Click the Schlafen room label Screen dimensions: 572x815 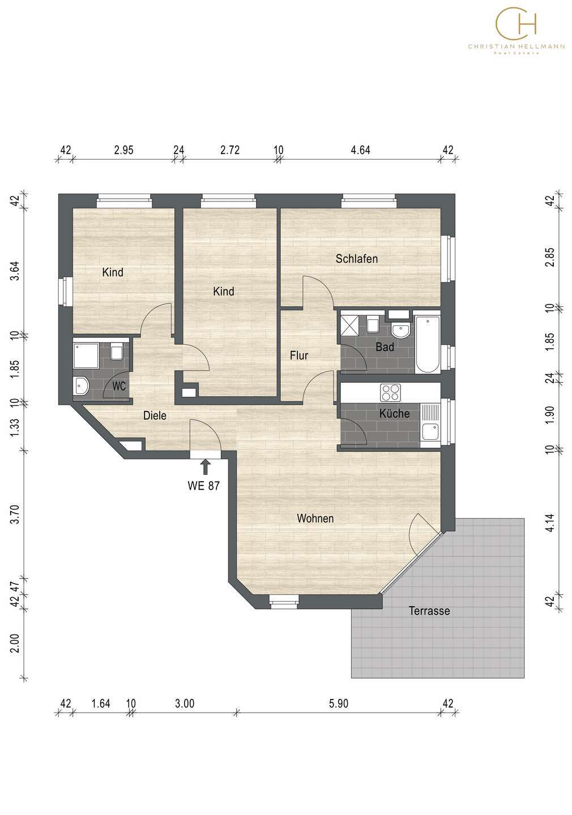[356, 259]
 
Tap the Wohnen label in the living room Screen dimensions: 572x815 [315, 518]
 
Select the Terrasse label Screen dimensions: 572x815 [429, 611]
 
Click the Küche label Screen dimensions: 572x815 [394, 413]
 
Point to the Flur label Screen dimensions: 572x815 [299, 355]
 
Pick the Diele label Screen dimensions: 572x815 [155, 415]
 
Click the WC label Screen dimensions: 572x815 [119, 386]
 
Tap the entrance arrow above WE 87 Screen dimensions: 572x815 [206, 466]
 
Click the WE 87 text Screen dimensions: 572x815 [203, 486]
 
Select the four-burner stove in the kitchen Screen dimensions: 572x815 [390, 393]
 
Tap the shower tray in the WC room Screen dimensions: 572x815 [86, 355]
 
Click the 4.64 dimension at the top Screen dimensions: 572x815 [360, 150]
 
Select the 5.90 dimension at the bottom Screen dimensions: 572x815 [339, 704]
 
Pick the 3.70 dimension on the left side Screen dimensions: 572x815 [15, 514]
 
